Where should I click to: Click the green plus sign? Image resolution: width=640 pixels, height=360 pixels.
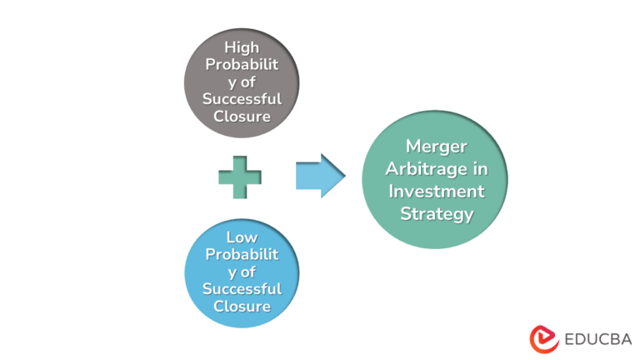[x=240, y=177]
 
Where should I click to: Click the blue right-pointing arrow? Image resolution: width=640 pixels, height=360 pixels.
[x=320, y=176]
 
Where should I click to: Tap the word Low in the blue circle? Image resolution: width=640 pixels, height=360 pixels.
[x=241, y=237]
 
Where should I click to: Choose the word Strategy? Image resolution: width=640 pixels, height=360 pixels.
[x=437, y=213]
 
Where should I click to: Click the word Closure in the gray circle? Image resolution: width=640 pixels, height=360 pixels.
[x=241, y=116]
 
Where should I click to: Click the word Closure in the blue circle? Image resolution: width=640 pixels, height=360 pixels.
[x=241, y=306]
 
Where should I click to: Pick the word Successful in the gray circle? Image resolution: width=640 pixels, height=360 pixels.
[x=241, y=98]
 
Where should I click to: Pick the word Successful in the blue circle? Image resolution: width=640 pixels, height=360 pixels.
[x=241, y=289]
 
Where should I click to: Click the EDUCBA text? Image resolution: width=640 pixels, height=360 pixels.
[x=597, y=338]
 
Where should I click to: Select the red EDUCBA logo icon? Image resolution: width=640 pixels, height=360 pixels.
[x=544, y=338]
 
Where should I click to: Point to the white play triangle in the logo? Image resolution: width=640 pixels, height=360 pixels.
[x=547, y=337]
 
